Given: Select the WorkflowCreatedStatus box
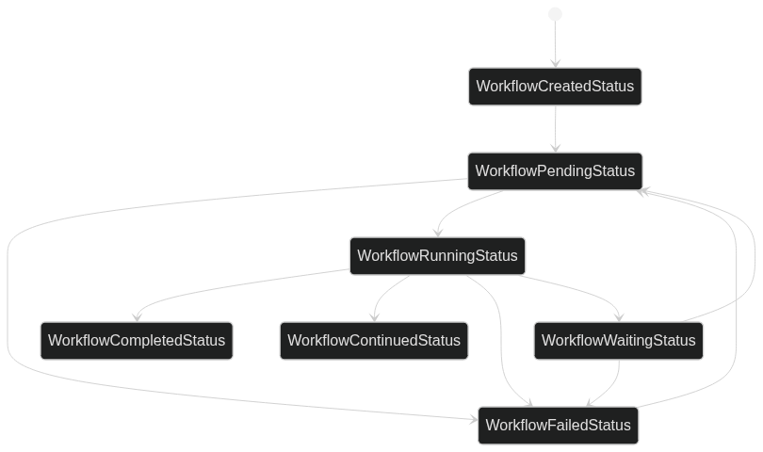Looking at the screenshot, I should click(555, 87).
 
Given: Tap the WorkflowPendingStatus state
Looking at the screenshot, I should click(555, 171).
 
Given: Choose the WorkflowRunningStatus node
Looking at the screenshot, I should click(437, 256).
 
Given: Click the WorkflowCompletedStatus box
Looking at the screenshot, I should click(137, 341).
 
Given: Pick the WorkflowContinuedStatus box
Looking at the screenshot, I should click(374, 341).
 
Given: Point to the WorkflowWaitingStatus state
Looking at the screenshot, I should click(618, 341).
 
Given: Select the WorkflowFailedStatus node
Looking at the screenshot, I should click(558, 426).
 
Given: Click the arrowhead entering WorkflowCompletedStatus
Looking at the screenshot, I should click(138, 316).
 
